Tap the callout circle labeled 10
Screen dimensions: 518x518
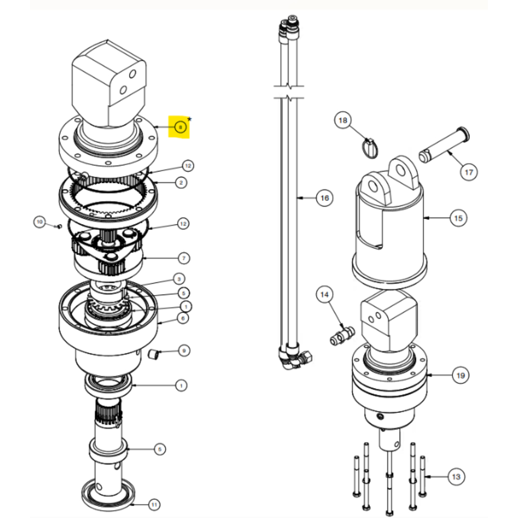click(40, 222)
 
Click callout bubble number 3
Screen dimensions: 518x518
click(178, 279)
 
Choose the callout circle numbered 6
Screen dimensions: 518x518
click(182, 318)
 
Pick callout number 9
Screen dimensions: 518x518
click(183, 351)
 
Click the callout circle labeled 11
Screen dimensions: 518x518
click(153, 503)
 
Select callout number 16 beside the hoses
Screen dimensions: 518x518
click(324, 198)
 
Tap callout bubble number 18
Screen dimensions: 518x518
click(342, 120)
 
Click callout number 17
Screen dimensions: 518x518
click(468, 172)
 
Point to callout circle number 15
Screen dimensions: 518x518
click(458, 218)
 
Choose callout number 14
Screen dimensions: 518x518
click(325, 295)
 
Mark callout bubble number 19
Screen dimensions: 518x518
click(461, 375)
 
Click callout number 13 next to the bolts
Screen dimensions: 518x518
click(456, 476)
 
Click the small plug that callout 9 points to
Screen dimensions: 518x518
click(153, 355)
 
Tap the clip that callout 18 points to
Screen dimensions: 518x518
click(370, 146)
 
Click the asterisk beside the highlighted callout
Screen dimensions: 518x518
click(190, 119)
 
